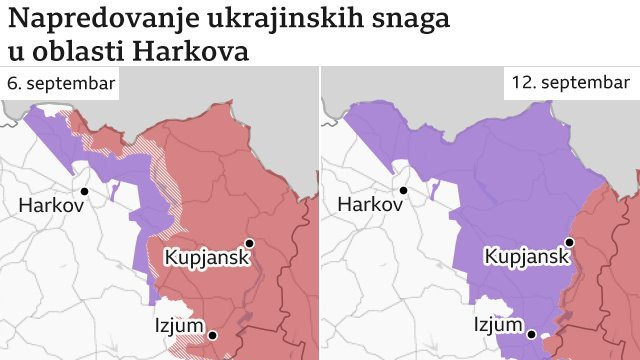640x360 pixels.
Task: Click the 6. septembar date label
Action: coord(60,84)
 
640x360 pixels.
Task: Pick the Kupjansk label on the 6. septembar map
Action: coord(203,257)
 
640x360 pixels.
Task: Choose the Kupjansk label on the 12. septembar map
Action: coord(524,257)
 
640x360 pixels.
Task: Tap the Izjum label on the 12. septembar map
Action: coord(498,325)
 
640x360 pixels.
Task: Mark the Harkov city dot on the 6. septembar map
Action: coord(85,190)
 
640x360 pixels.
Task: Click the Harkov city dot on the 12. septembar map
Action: coord(404,190)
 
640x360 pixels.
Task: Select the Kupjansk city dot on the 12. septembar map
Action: coord(569,243)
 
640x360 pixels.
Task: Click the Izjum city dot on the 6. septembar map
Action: coord(212,335)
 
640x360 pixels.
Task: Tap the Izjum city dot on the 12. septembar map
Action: coord(532,335)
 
